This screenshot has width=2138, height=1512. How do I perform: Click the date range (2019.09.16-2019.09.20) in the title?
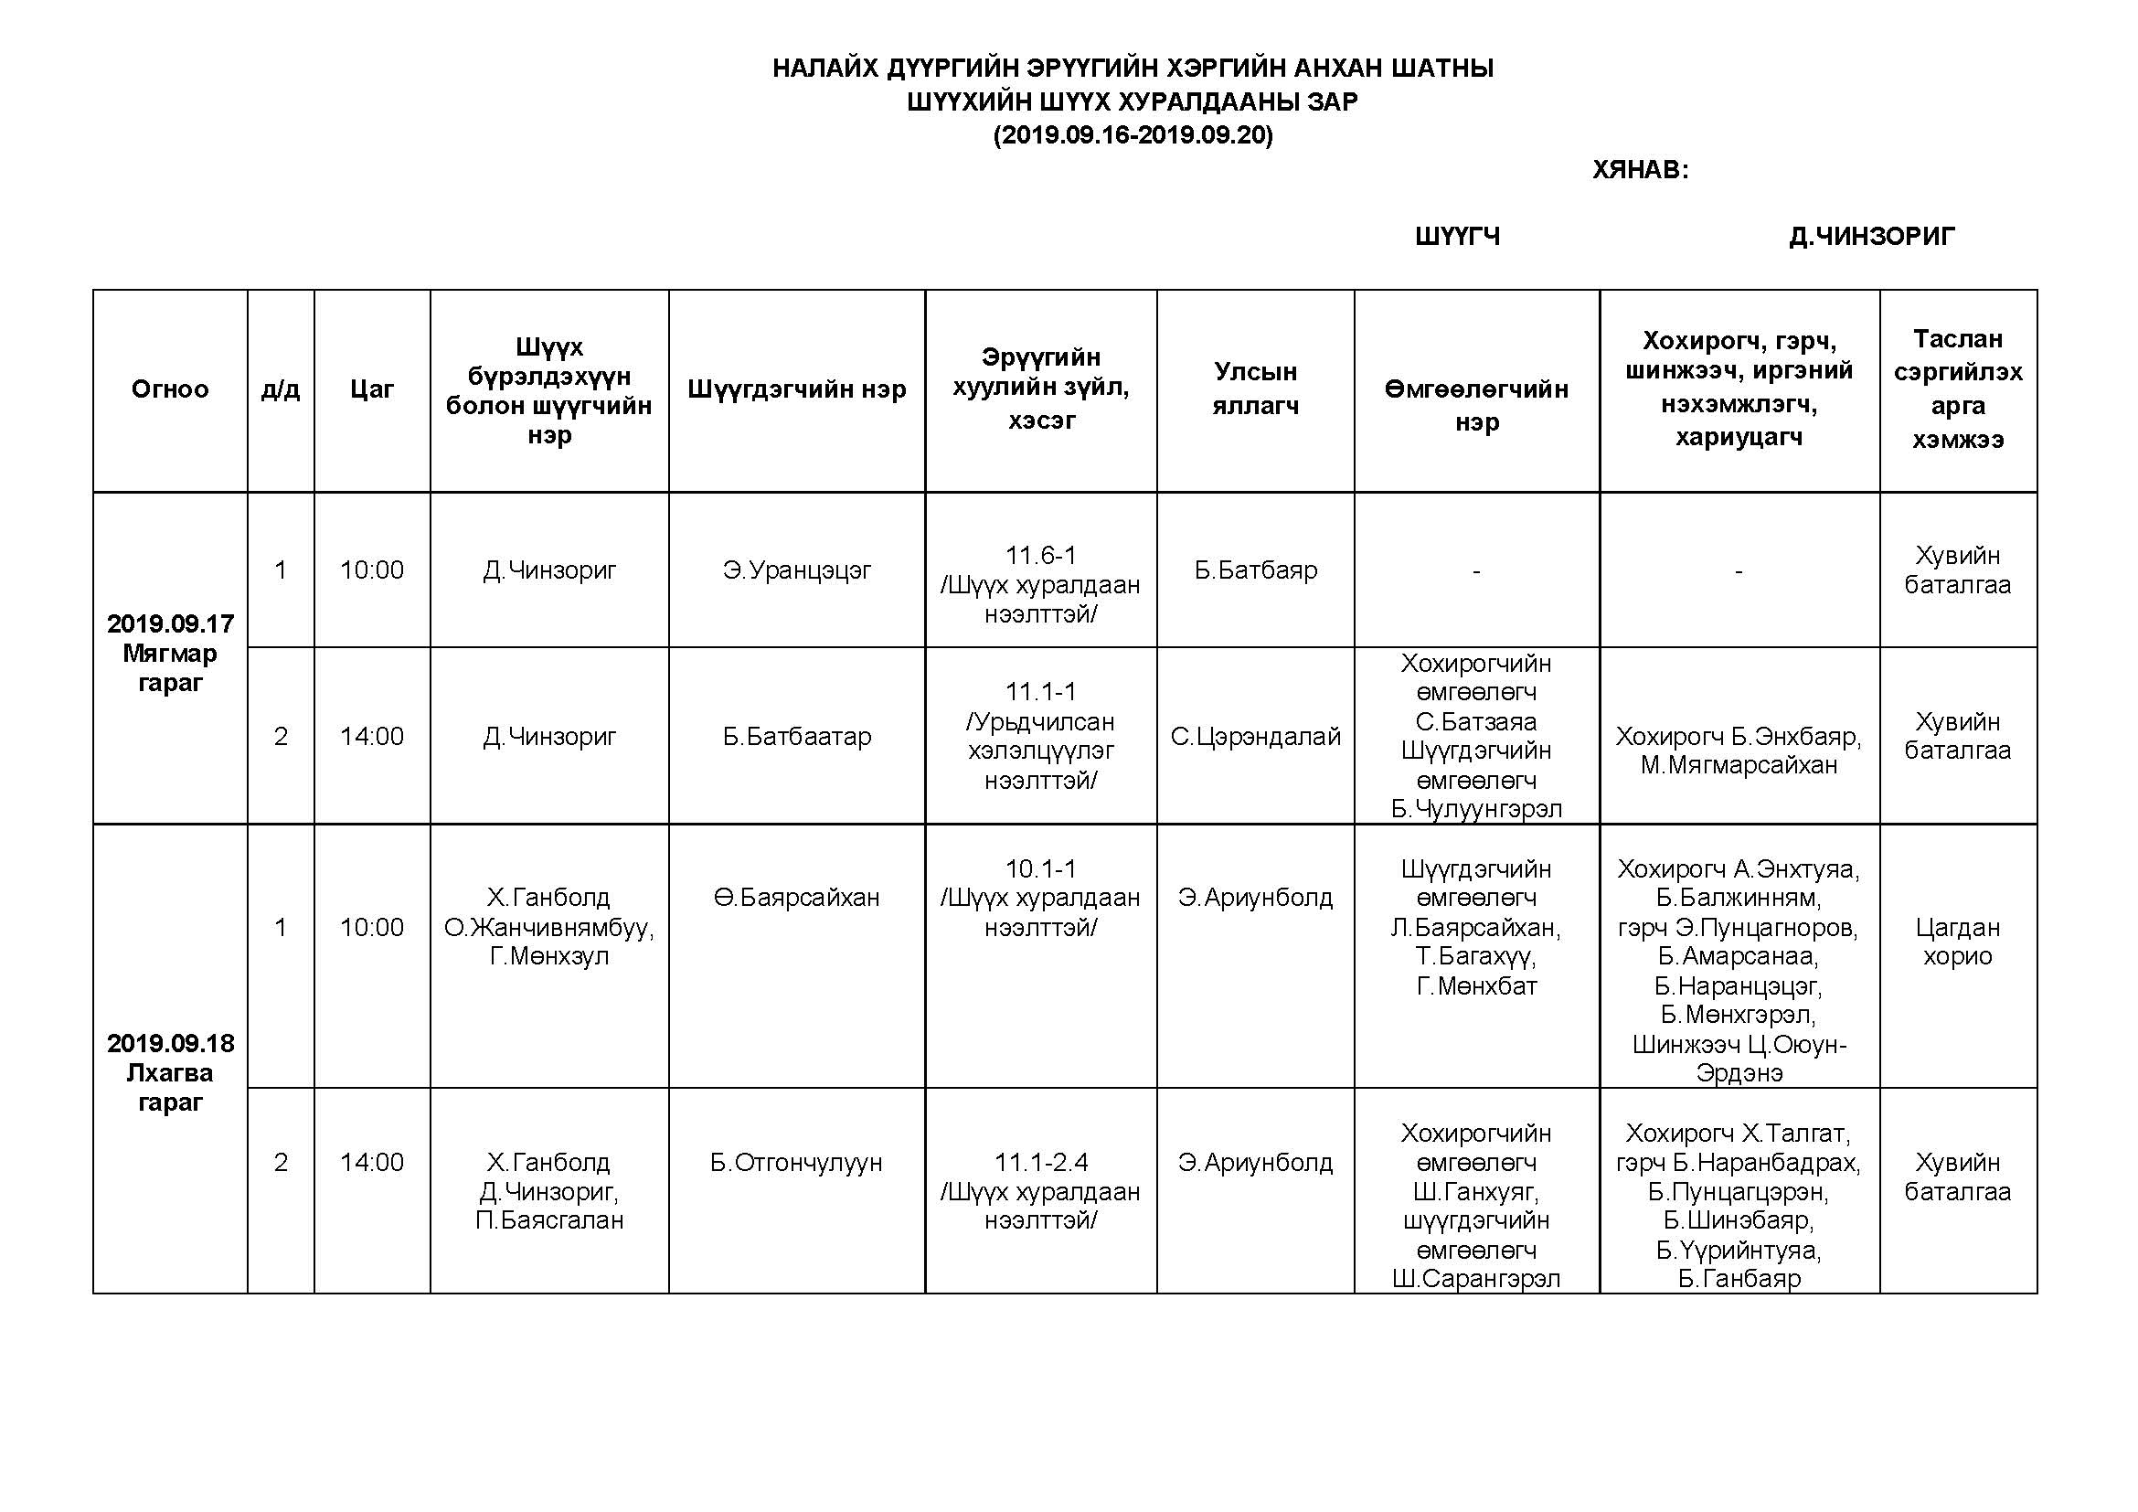(1133, 136)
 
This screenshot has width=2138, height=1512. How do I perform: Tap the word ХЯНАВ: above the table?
(1640, 169)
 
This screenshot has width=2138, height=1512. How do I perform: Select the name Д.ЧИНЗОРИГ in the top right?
(1871, 237)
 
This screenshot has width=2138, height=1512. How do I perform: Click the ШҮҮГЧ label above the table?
(1457, 237)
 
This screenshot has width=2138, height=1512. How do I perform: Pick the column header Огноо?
(169, 389)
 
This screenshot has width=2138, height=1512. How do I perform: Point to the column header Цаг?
(371, 389)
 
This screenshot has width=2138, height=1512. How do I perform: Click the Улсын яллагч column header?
(1254, 389)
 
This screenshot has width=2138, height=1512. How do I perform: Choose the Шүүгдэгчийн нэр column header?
(796, 389)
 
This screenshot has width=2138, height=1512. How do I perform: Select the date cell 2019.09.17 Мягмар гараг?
(170, 653)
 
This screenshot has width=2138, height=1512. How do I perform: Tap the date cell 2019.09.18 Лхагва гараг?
(170, 1072)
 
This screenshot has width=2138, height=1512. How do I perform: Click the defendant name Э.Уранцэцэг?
(796, 570)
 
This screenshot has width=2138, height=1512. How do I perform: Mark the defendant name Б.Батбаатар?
(796, 737)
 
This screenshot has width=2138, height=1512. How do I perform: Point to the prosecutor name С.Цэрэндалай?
(1255, 737)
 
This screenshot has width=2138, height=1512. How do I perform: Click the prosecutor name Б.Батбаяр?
(1255, 570)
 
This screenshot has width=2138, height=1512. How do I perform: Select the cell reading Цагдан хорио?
(1957, 942)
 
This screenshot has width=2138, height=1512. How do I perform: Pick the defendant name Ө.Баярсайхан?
(796, 898)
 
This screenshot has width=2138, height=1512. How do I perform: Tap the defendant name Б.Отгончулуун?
(796, 1162)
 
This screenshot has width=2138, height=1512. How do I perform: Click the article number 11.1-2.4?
(1040, 1162)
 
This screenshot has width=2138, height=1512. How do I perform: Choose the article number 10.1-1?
(1040, 868)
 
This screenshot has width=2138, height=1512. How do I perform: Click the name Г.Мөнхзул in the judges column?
(549, 956)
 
